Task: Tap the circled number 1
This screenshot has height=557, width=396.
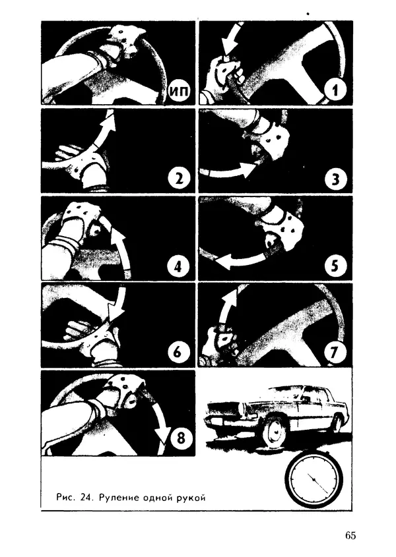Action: pyautogui.click(x=335, y=90)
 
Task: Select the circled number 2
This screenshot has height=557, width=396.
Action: pyautogui.click(x=179, y=177)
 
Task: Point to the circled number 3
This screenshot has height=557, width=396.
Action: pyautogui.click(x=335, y=179)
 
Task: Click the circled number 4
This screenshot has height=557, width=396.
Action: pyautogui.click(x=179, y=266)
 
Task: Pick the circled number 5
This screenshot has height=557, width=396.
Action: pyautogui.click(x=335, y=266)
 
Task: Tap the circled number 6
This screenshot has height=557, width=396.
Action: pyautogui.click(x=179, y=353)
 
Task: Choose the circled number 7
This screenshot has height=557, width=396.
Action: pyautogui.click(x=335, y=353)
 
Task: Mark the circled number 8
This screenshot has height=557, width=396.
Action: pyautogui.click(x=181, y=438)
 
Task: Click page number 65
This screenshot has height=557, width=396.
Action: pyautogui.click(x=350, y=535)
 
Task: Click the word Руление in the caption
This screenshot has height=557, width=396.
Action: pyautogui.click(x=119, y=498)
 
